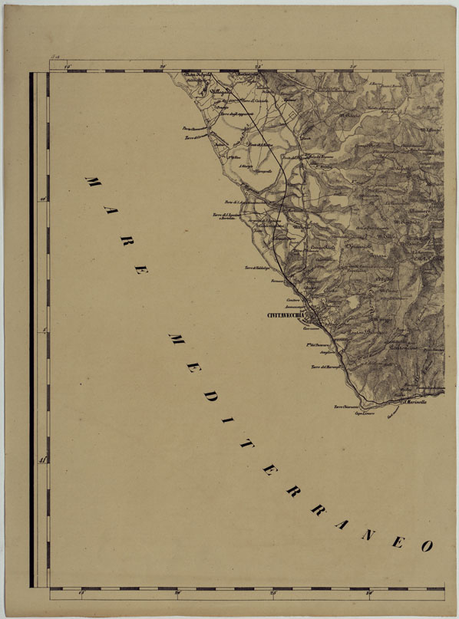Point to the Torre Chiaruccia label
(x=346, y=407)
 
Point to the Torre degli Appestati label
(x=235, y=114)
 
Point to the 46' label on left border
(x=43, y=199)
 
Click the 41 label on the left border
(x=43, y=460)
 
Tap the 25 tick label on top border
(x=258, y=67)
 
